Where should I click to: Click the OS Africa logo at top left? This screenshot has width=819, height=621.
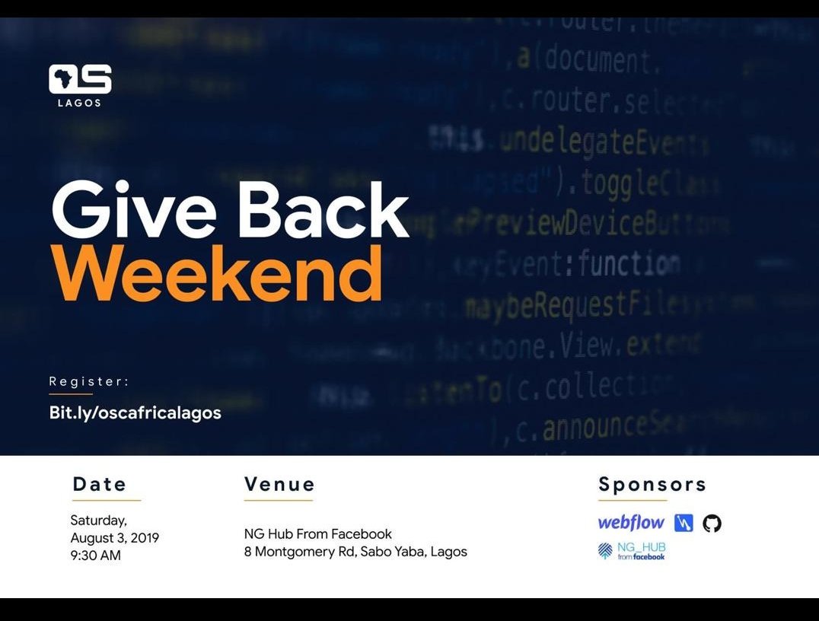tap(80, 79)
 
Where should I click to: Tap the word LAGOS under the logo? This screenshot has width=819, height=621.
tap(79, 103)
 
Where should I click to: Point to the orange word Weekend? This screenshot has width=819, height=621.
tap(216, 273)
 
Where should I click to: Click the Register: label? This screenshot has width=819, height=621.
tap(89, 381)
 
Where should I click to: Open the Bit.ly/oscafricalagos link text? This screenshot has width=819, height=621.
tap(135, 412)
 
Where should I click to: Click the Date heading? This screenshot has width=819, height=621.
tap(100, 484)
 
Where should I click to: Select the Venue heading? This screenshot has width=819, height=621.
tap(279, 484)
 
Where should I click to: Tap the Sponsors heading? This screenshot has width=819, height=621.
tap(652, 484)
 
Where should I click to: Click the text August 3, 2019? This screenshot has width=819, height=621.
tap(114, 538)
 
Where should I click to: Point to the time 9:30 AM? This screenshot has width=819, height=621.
tap(95, 556)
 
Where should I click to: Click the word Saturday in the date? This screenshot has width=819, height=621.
tap(98, 521)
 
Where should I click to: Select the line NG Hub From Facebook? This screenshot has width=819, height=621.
tap(317, 533)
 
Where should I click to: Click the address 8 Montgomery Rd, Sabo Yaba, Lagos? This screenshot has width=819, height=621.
tap(355, 552)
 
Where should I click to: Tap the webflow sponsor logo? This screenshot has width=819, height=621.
tap(631, 523)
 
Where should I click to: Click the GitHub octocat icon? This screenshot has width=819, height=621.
tap(712, 523)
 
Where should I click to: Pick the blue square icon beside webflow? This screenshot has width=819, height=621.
tap(684, 524)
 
